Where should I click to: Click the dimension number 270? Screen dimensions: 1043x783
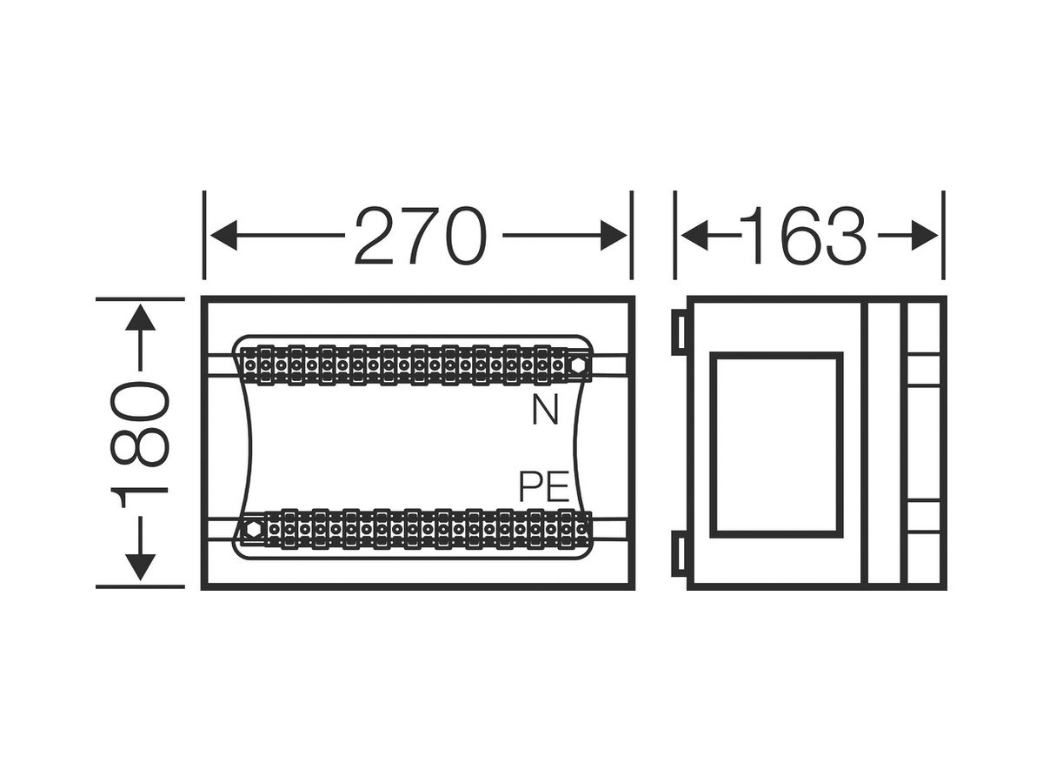pos(421,235)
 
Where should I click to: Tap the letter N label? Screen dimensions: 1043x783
pos(545,411)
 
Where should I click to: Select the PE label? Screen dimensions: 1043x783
pos(543,486)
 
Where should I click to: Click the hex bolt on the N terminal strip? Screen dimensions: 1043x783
pos(578,365)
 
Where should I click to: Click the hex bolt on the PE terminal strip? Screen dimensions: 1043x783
pos(254,529)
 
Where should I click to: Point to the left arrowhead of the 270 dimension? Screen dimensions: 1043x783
pos(223,235)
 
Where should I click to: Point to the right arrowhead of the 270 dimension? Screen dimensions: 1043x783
pos(614,235)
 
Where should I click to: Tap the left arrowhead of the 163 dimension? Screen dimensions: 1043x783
pos(694,235)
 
